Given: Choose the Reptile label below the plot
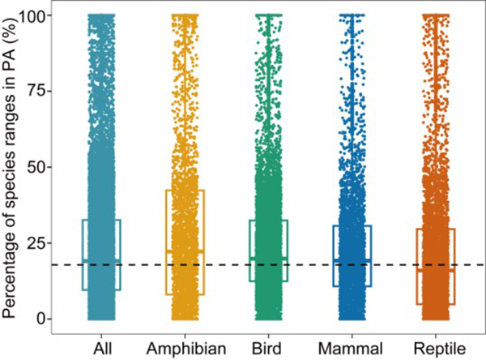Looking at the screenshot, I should click(436, 348).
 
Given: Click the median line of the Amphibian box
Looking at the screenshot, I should click(185, 251).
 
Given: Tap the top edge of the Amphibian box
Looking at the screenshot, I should click(185, 191).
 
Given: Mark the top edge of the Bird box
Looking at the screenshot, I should click(268, 221).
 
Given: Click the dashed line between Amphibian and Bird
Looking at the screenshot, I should click(227, 265).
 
